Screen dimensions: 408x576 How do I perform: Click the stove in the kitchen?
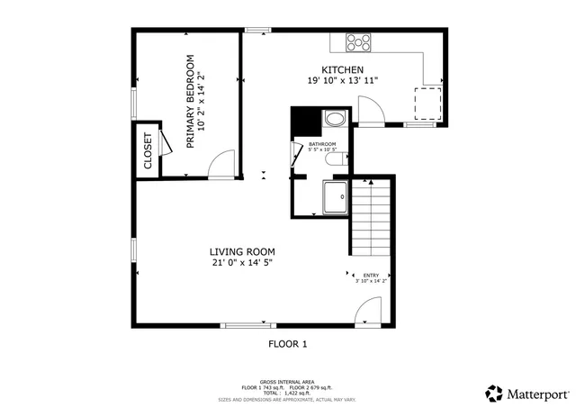click(359, 41)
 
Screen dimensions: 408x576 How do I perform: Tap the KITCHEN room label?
click(342, 69)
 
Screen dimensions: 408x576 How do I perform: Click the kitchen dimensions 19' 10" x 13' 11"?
click(342, 81)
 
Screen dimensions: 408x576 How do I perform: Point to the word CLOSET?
click(148, 151)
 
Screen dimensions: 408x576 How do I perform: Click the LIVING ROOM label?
click(242, 251)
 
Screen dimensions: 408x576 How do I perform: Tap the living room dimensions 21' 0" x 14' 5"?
click(242, 263)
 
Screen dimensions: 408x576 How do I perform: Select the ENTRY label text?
click(372, 275)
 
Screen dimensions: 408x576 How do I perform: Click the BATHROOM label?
click(322, 144)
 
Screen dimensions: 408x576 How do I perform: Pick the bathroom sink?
click(334, 118)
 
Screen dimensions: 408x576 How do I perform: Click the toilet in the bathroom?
click(334, 160)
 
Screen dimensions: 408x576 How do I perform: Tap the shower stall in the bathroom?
click(335, 197)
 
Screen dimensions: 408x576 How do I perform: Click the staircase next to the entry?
click(371, 216)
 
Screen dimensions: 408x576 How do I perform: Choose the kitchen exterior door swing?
click(370, 111)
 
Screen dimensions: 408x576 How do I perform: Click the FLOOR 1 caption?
click(288, 343)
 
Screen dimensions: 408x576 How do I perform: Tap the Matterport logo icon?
click(494, 393)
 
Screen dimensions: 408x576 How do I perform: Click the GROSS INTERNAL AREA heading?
click(287, 381)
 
